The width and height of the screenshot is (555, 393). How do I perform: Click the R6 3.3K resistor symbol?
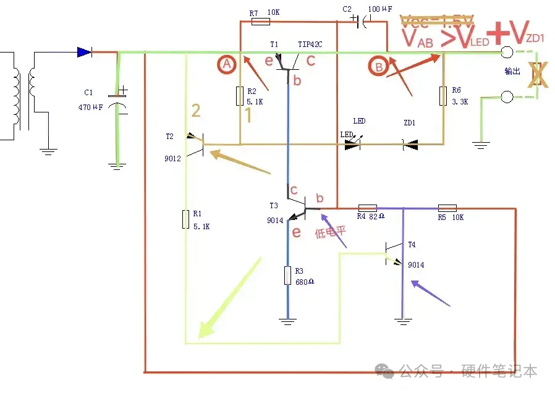click(x=443, y=96)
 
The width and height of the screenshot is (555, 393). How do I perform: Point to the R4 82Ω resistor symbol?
click(x=367, y=208)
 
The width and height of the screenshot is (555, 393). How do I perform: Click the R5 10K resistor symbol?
click(x=446, y=208)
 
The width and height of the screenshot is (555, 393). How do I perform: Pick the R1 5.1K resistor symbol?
click(x=185, y=219)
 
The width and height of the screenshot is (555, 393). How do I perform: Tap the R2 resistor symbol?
click(x=240, y=96)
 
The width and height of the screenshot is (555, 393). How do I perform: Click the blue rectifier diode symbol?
click(x=85, y=53)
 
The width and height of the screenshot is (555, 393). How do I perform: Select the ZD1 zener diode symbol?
click(x=409, y=145)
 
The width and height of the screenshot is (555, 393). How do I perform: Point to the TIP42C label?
click(x=310, y=44)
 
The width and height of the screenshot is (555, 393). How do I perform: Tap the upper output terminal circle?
click(x=507, y=53)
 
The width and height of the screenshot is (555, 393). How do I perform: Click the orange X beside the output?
click(x=537, y=74)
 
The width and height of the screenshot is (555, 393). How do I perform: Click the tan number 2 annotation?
click(x=195, y=111)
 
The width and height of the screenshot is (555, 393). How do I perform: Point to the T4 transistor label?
click(x=412, y=245)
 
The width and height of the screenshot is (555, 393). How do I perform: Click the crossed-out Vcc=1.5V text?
click(x=438, y=22)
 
